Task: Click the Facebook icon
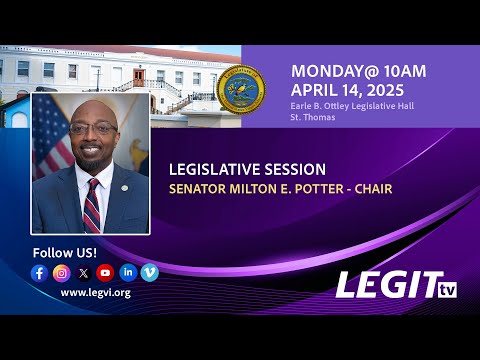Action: pos(39,273)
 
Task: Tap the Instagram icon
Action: pos(62,273)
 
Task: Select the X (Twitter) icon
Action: pos(84,273)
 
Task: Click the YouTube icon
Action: pos(105,273)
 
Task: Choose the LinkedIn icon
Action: pos(128,273)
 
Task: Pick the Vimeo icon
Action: pos(150,273)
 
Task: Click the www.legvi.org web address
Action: pos(96,293)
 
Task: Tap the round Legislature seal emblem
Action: pos(241,89)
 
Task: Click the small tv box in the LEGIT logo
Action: pos(447,290)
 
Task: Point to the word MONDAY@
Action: pos(336,71)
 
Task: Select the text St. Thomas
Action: pos(313,117)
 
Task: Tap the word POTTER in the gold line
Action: pos(319,189)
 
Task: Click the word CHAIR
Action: pos(373,189)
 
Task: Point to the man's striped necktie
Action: pos(92,206)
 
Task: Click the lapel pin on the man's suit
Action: pos(124,188)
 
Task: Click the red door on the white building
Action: pos(139,78)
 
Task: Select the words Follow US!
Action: pos(65,253)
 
